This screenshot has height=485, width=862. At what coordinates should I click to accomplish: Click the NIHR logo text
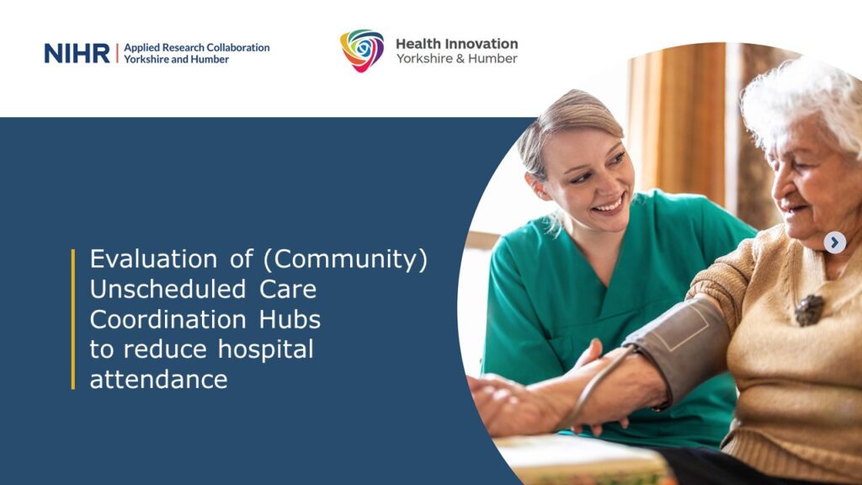click(x=77, y=53)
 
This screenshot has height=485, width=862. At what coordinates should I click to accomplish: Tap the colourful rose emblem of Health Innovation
click(x=362, y=51)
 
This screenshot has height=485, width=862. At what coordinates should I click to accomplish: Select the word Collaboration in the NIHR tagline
click(x=237, y=47)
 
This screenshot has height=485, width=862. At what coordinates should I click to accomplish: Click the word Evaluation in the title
click(x=153, y=259)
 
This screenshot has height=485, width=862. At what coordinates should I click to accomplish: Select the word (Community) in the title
click(x=345, y=260)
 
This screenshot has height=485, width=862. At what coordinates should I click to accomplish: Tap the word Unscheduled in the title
click(x=168, y=290)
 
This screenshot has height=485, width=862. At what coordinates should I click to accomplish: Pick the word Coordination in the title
click(x=168, y=319)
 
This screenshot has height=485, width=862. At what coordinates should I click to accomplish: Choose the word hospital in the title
click(x=265, y=350)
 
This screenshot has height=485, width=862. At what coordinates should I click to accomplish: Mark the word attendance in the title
click(x=158, y=380)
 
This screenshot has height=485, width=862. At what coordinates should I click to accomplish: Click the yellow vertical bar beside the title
click(x=73, y=319)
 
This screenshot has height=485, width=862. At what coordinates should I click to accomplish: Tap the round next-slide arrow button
click(x=834, y=242)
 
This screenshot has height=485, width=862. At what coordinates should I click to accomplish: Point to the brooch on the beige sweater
click(x=809, y=310)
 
